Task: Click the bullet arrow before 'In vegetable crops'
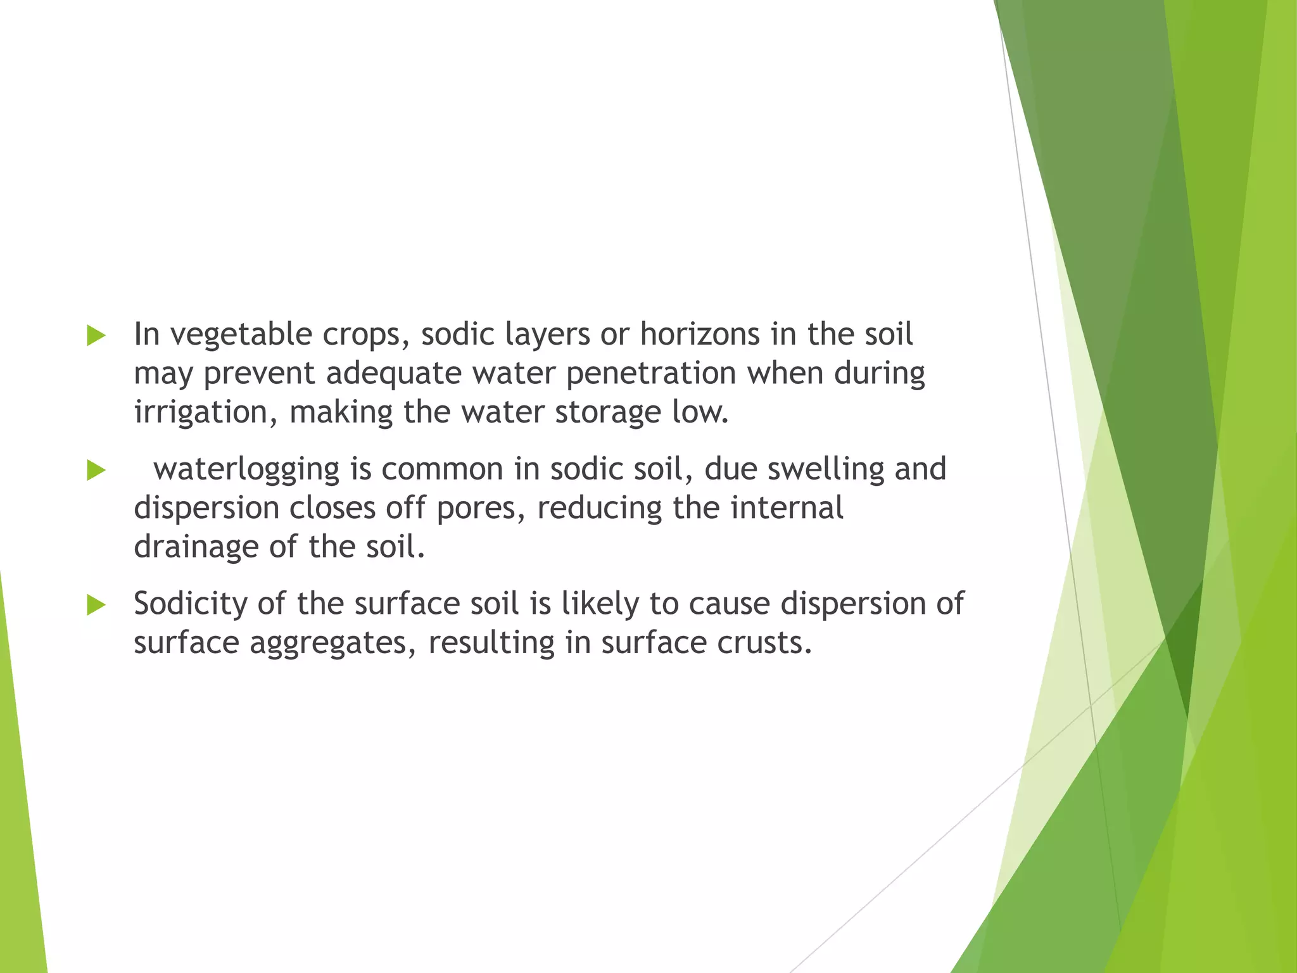[96, 336]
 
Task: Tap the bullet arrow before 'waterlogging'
[96, 471]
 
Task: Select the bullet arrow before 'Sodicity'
[96, 605]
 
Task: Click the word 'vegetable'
[241, 334]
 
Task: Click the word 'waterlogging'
[247, 469]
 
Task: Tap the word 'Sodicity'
[190, 604]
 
